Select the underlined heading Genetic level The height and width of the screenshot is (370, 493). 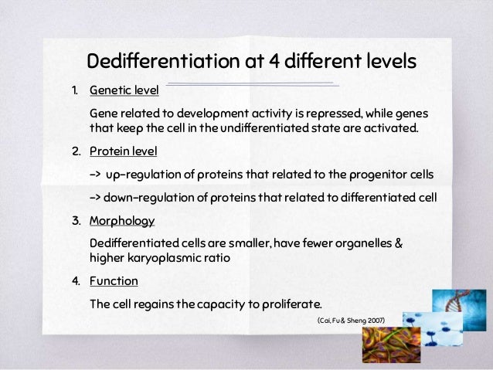pyautogui.click(x=124, y=90)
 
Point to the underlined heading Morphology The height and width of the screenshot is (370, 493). pyautogui.click(x=122, y=221)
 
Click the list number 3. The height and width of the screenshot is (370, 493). pyautogui.click(x=76, y=221)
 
